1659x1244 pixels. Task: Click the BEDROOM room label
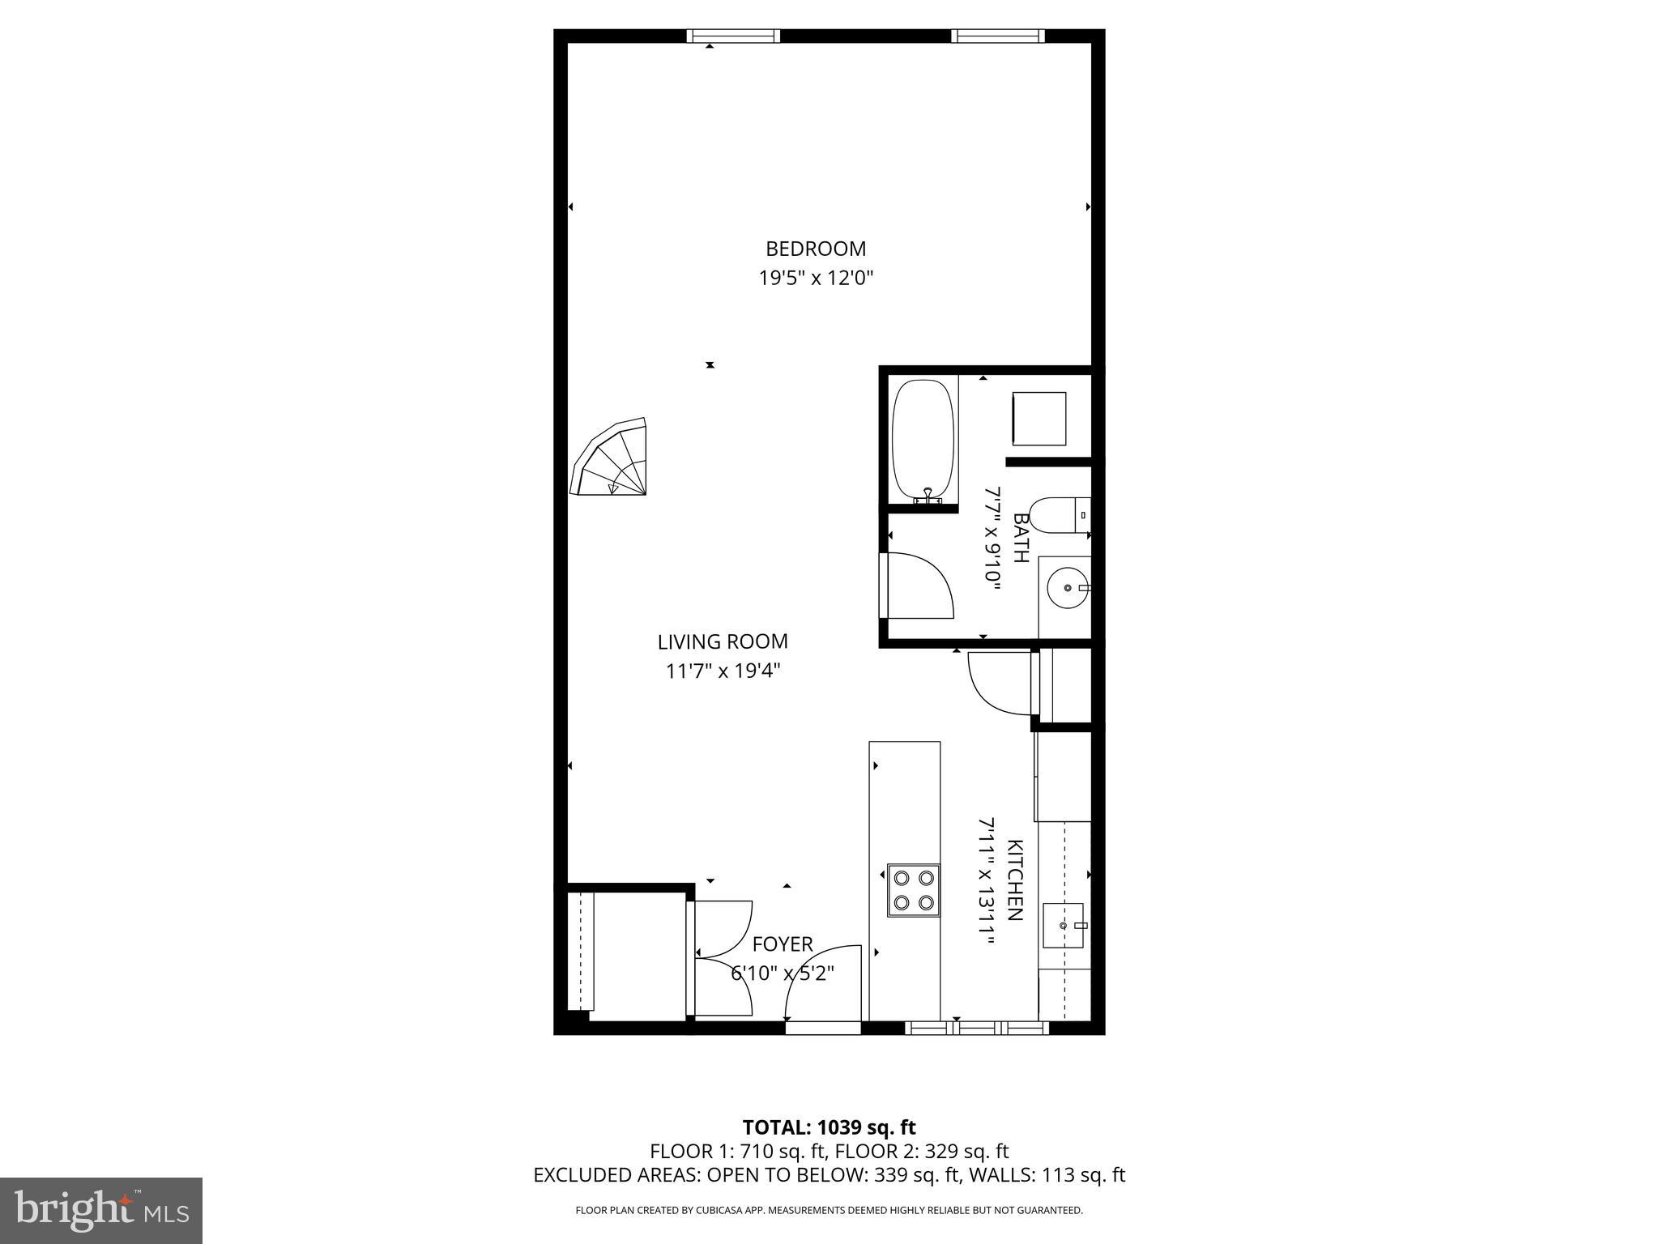[816, 249]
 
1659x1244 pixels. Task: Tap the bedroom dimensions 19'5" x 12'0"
[816, 279]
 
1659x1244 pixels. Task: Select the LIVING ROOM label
[723, 641]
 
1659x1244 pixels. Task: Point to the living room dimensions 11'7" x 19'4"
[723, 671]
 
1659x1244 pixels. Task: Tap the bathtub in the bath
[923, 441]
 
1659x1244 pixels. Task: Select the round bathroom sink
[1067, 587]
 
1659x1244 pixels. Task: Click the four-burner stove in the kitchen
[914, 891]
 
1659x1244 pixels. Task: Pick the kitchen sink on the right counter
[1063, 925]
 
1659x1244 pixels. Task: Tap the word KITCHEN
[1014, 880]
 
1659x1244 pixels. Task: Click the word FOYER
[783, 944]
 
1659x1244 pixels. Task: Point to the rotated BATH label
[1021, 539]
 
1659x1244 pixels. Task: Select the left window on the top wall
[733, 36]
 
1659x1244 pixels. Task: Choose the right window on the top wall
[997, 36]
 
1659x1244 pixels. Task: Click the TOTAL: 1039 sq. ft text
[829, 1127]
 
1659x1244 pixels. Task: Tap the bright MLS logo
[101, 1211]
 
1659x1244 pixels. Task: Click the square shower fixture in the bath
[1039, 419]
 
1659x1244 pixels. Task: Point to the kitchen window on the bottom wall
[976, 1028]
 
